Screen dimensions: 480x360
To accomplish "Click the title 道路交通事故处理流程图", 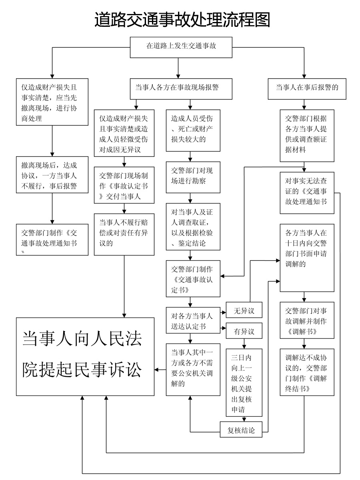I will (x=182, y=19).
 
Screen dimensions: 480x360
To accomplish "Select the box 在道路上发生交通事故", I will (x=181, y=46).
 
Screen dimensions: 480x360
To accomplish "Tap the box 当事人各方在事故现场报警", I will (x=181, y=88).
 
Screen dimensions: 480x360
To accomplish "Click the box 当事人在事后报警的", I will (x=307, y=88).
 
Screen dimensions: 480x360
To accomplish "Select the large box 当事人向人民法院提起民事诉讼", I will (x=85, y=356).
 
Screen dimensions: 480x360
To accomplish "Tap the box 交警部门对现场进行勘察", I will (x=193, y=176).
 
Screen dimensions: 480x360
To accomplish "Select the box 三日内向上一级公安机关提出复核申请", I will (x=244, y=382).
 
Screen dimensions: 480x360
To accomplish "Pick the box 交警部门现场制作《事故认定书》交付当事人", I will (x=124, y=186).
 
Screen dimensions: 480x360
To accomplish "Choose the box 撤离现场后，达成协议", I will (x=52, y=176).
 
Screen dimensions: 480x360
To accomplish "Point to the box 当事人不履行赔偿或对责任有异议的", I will (x=124, y=234).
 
